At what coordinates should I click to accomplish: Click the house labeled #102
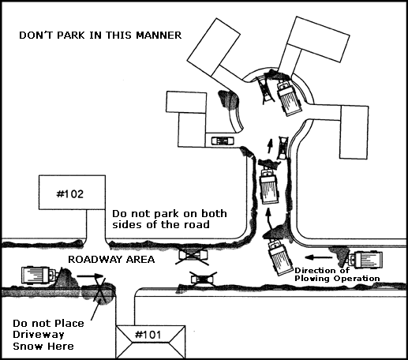click(x=72, y=193)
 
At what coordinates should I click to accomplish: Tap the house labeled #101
click(x=151, y=342)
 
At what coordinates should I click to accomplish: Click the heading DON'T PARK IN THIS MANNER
click(x=100, y=36)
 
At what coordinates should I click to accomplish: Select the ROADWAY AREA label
click(x=111, y=260)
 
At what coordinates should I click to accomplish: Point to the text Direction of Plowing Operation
click(x=337, y=275)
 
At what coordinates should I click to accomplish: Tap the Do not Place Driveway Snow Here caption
click(x=48, y=335)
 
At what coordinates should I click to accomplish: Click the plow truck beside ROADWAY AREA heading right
click(x=39, y=276)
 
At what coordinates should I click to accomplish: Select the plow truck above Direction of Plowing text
click(x=365, y=260)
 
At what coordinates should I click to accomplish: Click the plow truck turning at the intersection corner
click(x=279, y=257)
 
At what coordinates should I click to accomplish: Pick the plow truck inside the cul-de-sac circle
click(x=288, y=98)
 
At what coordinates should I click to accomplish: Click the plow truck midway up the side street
click(x=268, y=186)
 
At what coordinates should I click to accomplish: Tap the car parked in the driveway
click(x=223, y=141)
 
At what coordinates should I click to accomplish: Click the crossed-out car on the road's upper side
click(x=193, y=255)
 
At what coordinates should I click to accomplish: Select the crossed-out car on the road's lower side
click(x=203, y=279)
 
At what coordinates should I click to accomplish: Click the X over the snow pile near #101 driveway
click(x=100, y=291)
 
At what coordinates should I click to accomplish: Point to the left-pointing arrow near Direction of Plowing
click(x=319, y=257)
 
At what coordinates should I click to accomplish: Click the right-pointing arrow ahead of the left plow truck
click(x=90, y=276)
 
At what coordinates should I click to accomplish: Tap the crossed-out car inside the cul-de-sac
click(x=266, y=90)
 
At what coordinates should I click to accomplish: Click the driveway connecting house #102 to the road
click(x=96, y=225)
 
